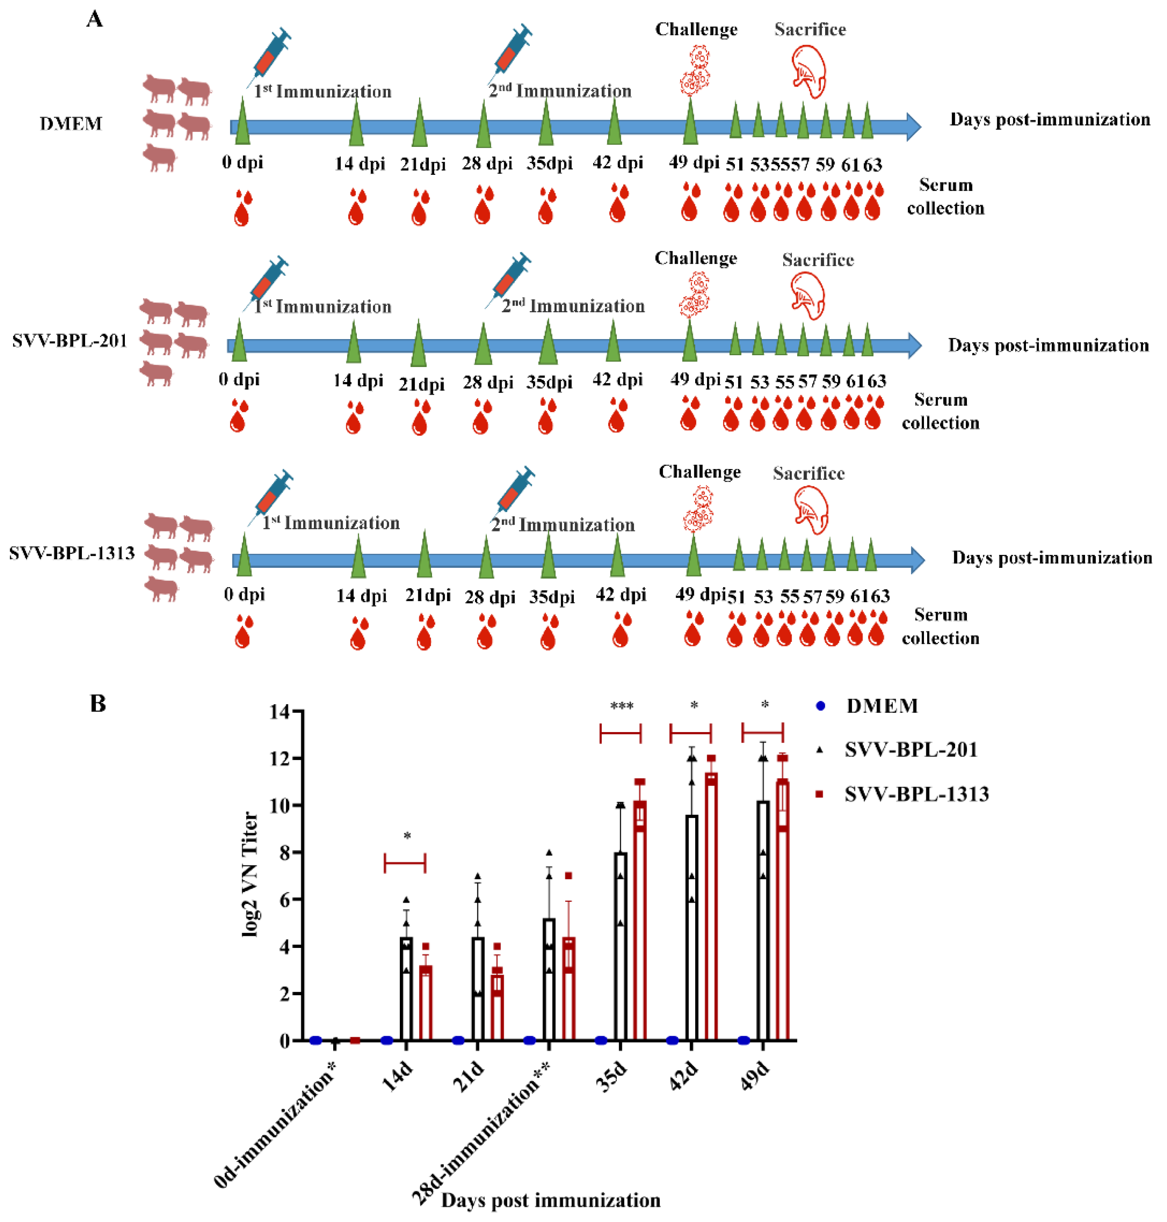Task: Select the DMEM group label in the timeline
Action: click(70, 123)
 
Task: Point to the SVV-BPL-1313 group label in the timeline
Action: click(72, 553)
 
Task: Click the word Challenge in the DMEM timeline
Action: click(696, 29)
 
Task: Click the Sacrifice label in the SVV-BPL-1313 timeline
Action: click(809, 473)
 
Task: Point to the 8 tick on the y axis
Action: click(285, 852)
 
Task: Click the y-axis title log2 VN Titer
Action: click(250, 874)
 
